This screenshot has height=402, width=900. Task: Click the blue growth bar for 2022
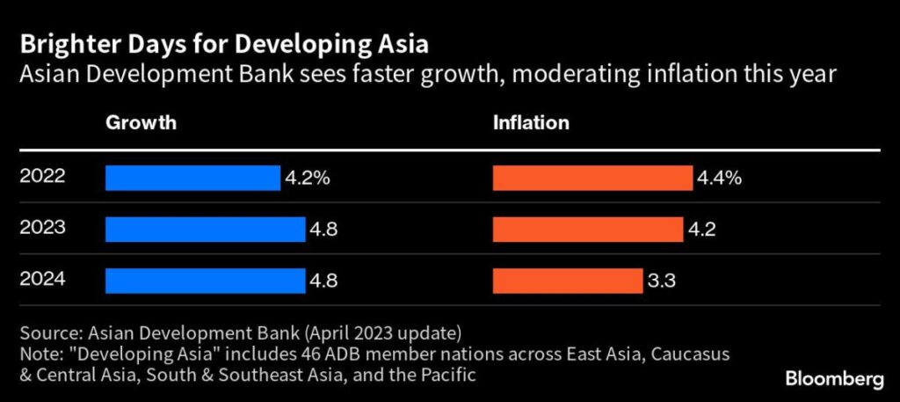pos(192,178)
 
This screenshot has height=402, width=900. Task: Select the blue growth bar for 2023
pos(205,230)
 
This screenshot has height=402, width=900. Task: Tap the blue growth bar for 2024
pos(205,281)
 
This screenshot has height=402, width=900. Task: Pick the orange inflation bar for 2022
pos(592,178)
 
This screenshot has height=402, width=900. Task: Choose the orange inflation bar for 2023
pos(588,230)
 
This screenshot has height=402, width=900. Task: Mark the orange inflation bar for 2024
pos(567,281)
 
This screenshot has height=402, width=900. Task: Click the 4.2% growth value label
pos(307,179)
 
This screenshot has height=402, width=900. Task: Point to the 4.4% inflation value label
pos(720,179)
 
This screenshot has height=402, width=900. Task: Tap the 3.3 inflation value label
pos(664,281)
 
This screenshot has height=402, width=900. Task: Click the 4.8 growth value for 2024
pos(323,281)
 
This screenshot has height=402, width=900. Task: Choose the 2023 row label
pos(42,229)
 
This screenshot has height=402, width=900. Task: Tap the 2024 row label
pos(42,281)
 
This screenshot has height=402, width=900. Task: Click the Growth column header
pos(141,123)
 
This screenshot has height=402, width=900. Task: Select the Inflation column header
pos(530,123)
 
